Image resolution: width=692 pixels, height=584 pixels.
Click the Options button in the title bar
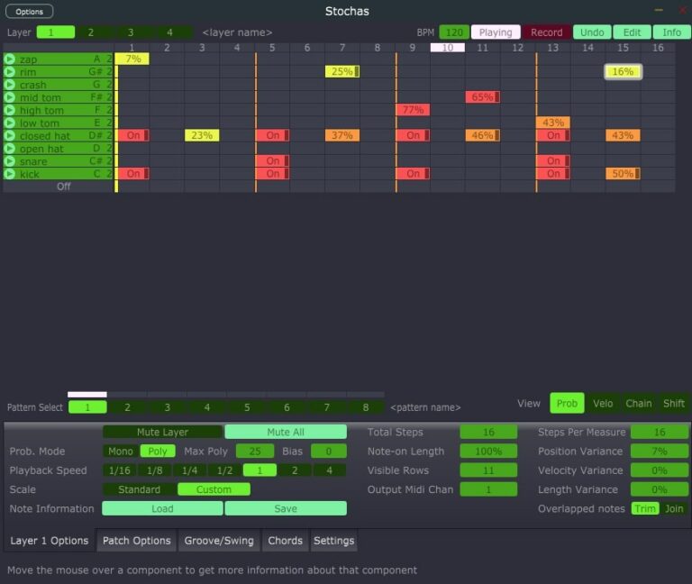(x=29, y=12)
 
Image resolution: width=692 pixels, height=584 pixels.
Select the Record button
(x=546, y=32)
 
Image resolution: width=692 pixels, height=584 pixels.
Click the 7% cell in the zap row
(x=132, y=59)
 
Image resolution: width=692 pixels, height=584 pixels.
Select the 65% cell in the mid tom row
(x=482, y=97)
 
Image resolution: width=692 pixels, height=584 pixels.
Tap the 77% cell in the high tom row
(x=413, y=110)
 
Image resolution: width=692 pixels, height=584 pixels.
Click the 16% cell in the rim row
(x=623, y=72)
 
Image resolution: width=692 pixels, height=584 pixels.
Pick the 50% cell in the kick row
(x=623, y=174)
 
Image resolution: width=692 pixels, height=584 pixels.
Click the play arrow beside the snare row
(x=9, y=161)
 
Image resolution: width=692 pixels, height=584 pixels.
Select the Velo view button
(x=603, y=404)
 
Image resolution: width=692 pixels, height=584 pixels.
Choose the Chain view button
(x=638, y=404)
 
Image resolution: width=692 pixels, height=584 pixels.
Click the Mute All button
(x=285, y=433)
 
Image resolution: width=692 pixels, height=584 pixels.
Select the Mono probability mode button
(x=120, y=452)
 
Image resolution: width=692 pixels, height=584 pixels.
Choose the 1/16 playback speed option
(x=120, y=470)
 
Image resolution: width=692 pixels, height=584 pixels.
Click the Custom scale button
(x=214, y=490)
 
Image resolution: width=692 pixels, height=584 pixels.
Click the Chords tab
(x=285, y=541)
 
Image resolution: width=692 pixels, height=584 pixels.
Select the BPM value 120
(x=454, y=32)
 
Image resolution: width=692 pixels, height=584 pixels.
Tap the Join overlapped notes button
(x=673, y=509)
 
